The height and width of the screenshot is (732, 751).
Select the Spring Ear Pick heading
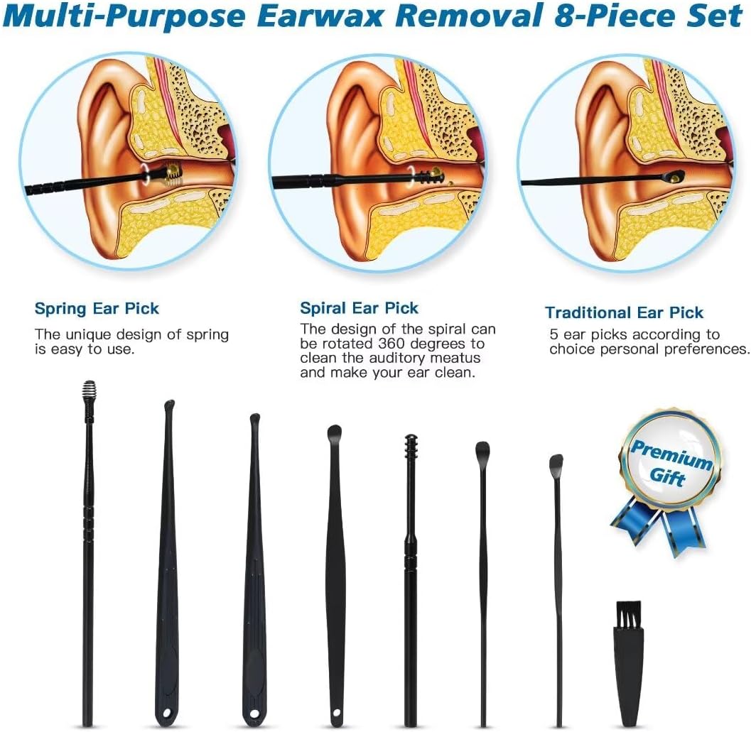point(97,308)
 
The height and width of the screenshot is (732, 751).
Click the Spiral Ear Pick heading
point(360,308)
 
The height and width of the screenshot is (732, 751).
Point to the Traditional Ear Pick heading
point(624,312)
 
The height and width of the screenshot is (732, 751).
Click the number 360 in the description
point(391,344)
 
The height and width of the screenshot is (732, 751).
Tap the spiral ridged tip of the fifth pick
point(411,447)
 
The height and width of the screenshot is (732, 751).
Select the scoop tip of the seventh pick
point(556,461)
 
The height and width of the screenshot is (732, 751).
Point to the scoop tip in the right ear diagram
point(674,176)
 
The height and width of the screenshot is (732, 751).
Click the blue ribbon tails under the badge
point(659,527)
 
